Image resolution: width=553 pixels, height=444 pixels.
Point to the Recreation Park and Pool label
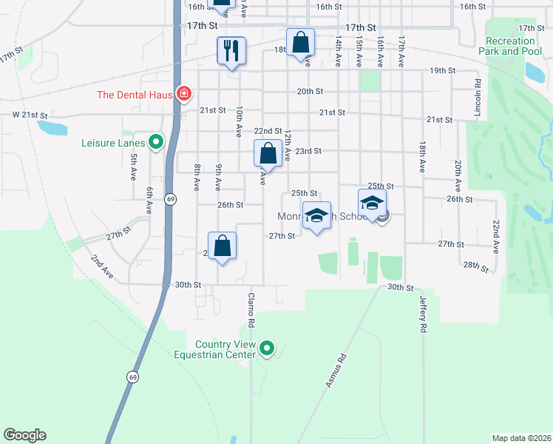point(511,46)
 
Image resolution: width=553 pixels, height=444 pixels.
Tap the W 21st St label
point(30,116)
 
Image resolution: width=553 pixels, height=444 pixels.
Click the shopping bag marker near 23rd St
point(268,154)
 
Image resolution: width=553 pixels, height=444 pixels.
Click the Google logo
point(24,435)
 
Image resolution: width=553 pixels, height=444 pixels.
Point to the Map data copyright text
point(520,438)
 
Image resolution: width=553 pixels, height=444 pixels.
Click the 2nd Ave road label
point(102,266)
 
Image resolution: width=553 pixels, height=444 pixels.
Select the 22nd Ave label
point(496,236)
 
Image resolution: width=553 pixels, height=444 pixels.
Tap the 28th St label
point(475,266)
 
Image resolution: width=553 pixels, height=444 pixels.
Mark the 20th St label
point(310,91)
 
